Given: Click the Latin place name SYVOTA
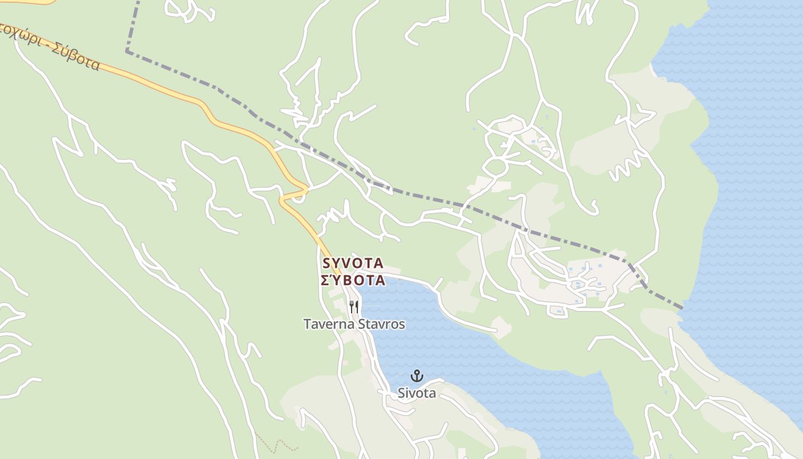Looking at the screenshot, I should click(353, 263).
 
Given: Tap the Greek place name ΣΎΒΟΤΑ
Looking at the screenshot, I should click(352, 281).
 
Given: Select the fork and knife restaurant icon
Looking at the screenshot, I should click(354, 307).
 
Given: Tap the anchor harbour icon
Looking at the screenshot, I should click(417, 376).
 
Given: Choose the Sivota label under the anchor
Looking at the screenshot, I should click(417, 394).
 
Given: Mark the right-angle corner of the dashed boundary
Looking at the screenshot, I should click(127, 52).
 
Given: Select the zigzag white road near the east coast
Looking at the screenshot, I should click(627, 166).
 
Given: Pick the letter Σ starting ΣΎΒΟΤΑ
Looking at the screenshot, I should click(325, 281).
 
